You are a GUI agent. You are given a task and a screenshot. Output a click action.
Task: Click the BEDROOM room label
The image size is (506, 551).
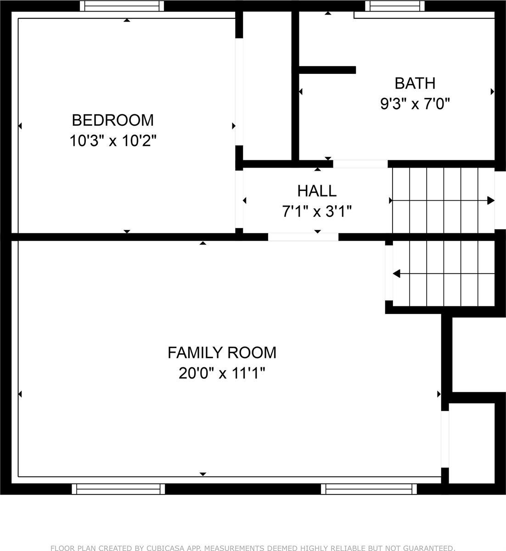pos(113,120)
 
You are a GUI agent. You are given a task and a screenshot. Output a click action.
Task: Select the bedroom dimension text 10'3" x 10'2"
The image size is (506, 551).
pos(113,141)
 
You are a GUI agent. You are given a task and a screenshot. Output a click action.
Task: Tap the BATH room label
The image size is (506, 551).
pos(415,83)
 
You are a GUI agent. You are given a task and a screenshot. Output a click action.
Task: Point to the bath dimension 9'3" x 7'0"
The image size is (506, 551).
pos(415,104)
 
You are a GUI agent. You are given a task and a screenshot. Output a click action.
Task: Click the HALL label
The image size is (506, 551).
pos(317,191)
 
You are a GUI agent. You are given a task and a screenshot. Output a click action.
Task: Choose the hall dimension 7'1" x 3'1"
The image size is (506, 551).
pos(317,212)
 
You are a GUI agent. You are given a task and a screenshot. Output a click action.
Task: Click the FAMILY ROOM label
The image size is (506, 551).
pos(222,353)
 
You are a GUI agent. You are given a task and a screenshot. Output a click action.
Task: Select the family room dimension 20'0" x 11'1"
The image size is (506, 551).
pos(222,373)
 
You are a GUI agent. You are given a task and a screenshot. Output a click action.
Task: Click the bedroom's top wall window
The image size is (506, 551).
pos(122,6)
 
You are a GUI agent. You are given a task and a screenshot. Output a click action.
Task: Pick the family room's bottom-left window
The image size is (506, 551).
pos(118,489)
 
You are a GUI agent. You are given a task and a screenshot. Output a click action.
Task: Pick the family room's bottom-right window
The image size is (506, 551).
pos(369,489)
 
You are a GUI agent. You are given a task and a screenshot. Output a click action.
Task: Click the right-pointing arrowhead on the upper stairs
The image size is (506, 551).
pos(490,201)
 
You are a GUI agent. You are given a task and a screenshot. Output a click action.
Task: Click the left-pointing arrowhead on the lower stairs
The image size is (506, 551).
pos(397,274)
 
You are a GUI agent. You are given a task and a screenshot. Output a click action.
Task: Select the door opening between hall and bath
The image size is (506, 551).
pos(360,164)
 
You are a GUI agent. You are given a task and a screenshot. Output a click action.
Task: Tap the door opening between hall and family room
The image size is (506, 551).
pos(303,237)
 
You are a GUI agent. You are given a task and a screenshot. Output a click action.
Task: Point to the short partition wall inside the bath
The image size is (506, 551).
pos(327,70)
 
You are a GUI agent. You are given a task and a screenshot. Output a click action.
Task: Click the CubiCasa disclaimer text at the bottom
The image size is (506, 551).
pos(253,548)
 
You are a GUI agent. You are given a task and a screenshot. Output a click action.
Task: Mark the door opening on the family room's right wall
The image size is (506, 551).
pos(444,439)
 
